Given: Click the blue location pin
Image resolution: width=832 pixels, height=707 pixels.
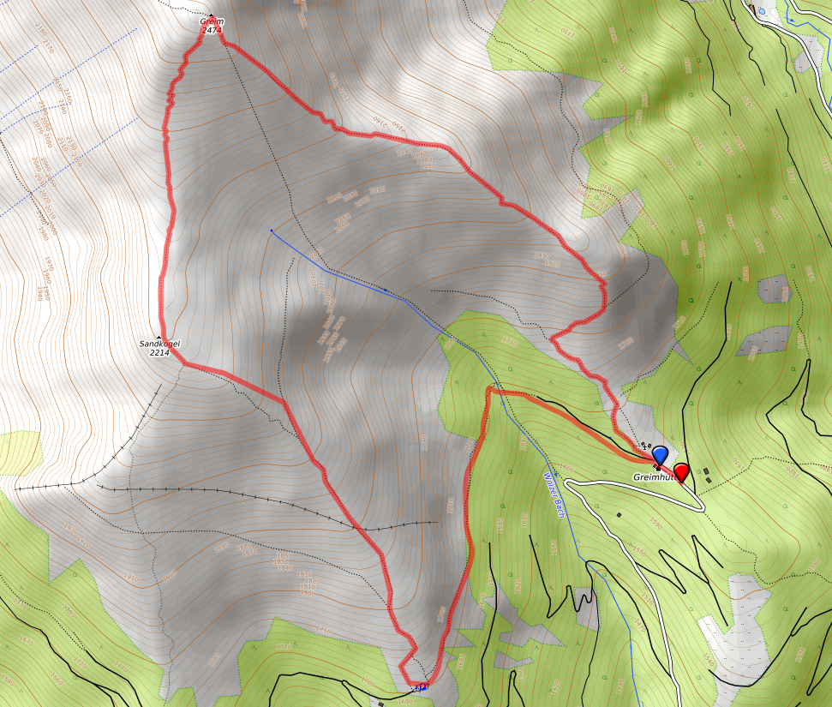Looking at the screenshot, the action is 660,455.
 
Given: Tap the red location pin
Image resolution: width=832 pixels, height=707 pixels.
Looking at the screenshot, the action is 681,472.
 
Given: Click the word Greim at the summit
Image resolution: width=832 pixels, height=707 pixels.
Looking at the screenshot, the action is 212,21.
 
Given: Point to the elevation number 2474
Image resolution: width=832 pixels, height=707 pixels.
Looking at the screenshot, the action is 212,31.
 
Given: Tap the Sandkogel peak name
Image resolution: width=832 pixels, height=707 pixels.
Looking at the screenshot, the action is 160,344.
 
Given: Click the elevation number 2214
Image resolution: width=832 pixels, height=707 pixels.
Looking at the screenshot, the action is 160,352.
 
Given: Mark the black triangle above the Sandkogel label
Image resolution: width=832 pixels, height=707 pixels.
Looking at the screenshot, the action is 159,336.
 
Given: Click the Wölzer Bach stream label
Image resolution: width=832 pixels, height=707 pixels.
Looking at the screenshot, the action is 554,495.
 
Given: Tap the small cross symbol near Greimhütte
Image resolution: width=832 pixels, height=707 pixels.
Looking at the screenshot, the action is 644,446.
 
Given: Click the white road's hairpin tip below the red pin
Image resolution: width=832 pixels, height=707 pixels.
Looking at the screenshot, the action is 703,508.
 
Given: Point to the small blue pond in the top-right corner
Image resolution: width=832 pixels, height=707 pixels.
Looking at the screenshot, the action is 763,10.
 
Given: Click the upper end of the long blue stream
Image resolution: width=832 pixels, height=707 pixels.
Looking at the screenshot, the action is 271,230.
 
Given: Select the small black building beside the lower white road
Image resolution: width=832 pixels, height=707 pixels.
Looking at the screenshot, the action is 619,515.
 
